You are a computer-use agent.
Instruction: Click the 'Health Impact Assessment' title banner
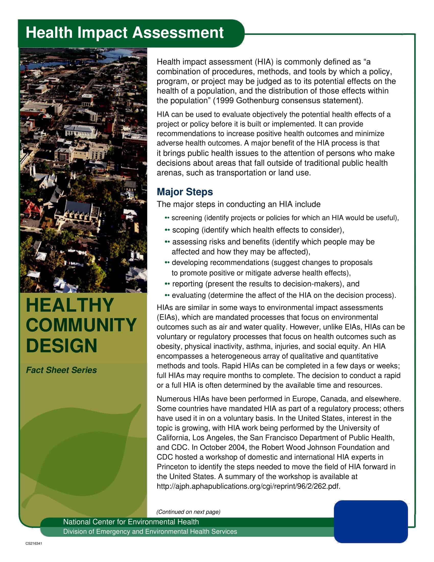pyautogui.click(x=124, y=33)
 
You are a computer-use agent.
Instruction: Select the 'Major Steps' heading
pyautogui.click(x=185, y=192)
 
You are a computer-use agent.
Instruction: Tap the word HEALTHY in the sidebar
pyautogui.click(x=70, y=305)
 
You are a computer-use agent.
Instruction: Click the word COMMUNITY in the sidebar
pyautogui.click(x=81, y=325)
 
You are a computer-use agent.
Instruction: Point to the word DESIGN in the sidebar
pyautogui.click(x=62, y=346)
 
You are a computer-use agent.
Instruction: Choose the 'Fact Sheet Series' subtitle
pyautogui.click(x=61, y=370)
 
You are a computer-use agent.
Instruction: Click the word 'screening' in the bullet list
pyautogui.click(x=187, y=218)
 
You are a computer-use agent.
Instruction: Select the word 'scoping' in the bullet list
pyautogui.click(x=186, y=230)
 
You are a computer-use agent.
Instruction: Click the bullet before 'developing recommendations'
pyautogui.click(x=167, y=262)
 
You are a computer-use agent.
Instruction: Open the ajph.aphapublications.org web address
pyautogui.click(x=248, y=486)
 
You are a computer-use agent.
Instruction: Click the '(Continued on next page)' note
pyautogui.click(x=188, y=512)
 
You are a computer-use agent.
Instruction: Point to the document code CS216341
pyautogui.click(x=34, y=543)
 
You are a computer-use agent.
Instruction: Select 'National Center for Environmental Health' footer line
pyautogui.click(x=131, y=522)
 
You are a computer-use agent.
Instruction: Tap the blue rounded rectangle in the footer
pyautogui.click(x=370, y=522)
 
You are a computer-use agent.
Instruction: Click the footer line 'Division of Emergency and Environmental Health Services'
pyautogui.click(x=150, y=532)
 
